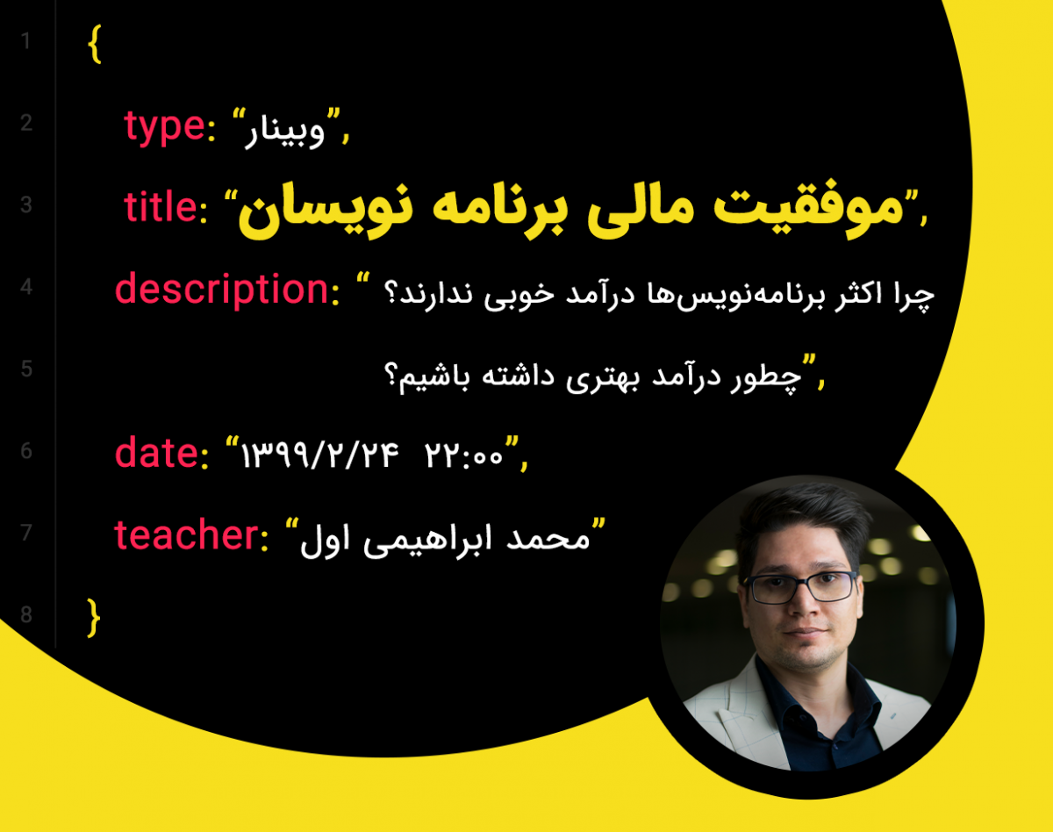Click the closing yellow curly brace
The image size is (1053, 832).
(x=95, y=618)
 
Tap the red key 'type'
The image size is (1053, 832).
(x=164, y=127)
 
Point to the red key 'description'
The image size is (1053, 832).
(x=221, y=290)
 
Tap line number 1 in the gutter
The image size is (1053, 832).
(x=25, y=41)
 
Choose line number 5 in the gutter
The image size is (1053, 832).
(x=25, y=369)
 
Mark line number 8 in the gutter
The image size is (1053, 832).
(x=25, y=615)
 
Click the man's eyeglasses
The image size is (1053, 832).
(x=801, y=585)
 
